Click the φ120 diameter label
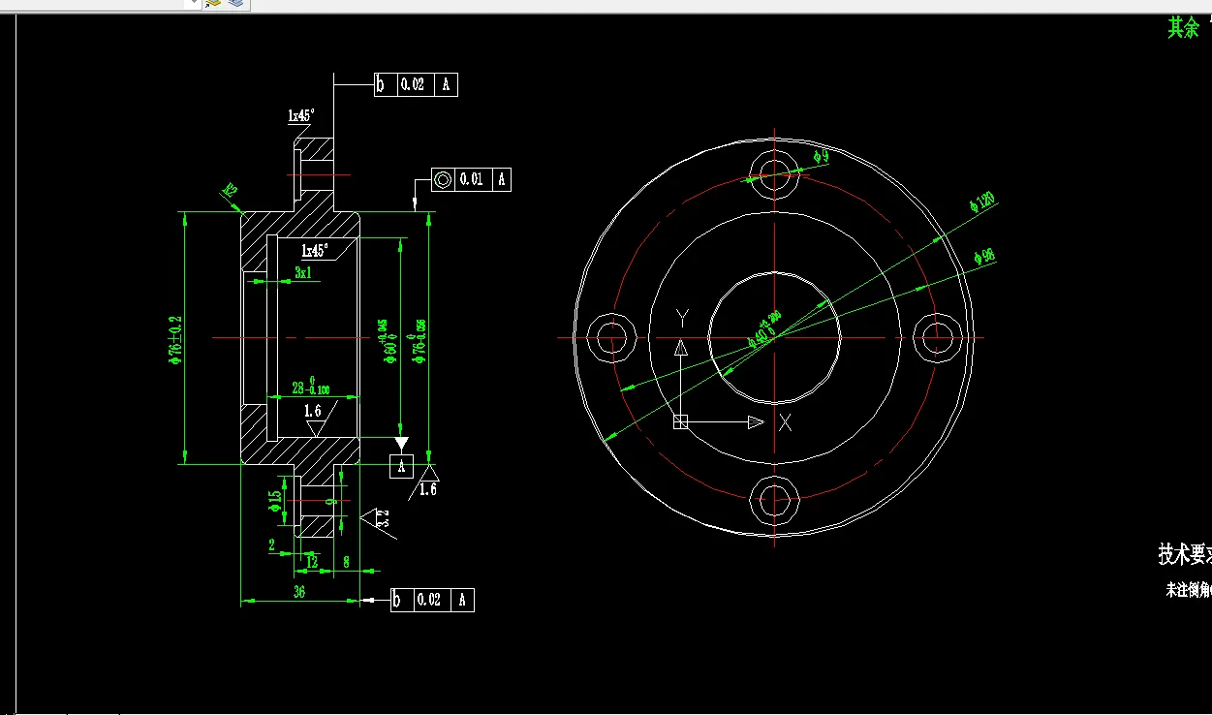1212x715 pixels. [x=982, y=202]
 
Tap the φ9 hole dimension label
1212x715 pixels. [x=821, y=155]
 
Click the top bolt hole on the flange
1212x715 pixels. [x=774, y=175]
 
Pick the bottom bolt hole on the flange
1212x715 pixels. [x=774, y=500]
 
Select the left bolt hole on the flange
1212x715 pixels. [x=611, y=338]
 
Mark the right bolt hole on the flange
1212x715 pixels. [x=937, y=338]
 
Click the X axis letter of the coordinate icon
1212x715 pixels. [x=786, y=422]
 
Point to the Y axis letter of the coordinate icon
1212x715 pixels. [x=681, y=318]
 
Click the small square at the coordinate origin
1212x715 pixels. [x=680, y=421]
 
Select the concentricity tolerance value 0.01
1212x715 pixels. [x=471, y=179]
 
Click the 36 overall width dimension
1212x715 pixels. [x=299, y=591]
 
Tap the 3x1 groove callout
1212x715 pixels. [x=303, y=273]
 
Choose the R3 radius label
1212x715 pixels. [x=231, y=190]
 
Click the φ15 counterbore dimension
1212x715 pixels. [x=275, y=500]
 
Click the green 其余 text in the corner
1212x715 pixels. [x=1183, y=28]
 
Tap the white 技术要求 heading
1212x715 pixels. [x=1184, y=555]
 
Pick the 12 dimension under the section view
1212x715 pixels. [x=311, y=561]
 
